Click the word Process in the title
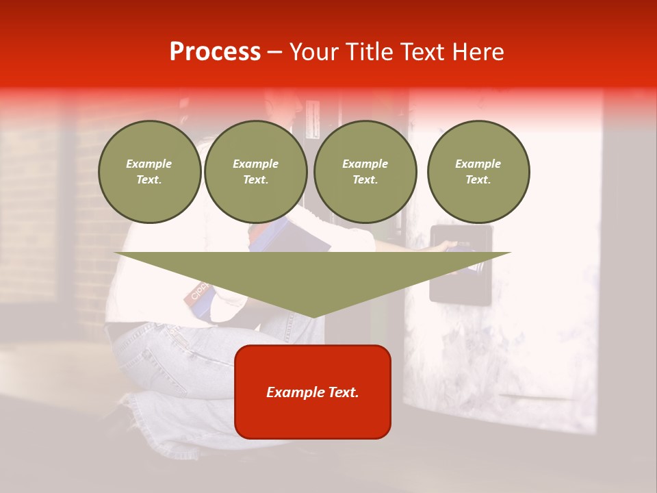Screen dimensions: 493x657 click(215, 52)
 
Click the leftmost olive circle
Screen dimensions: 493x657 click(150, 172)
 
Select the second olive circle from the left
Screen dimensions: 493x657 click(256, 172)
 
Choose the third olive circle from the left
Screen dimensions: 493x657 click(365, 172)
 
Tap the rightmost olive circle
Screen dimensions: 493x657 click(478, 172)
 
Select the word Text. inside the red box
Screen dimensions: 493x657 click(344, 392)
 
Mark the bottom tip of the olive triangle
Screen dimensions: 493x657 click(313, 316)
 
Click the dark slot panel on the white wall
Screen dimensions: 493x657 click(460, 288)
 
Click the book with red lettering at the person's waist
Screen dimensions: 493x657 click(197, 293)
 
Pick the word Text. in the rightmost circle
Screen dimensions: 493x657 click(478, 179)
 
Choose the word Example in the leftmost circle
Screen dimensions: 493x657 click(149, 164)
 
